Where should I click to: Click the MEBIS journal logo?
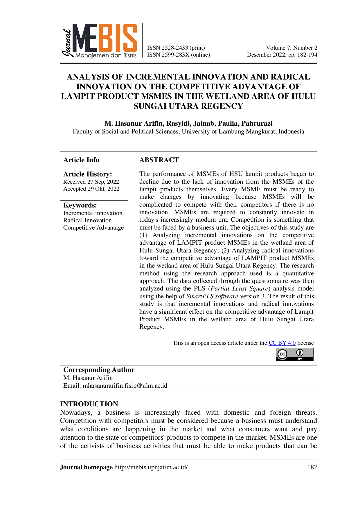[x=99, y=41]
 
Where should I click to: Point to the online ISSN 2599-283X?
[x=176, y=55]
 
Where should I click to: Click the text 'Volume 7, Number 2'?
[x=291, y=48]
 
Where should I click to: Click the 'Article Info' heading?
[x=81, y=160]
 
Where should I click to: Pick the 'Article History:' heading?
[x=88, y=174]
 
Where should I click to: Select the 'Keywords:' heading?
[x=80, y=205]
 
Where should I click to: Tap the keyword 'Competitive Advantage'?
[x=93, y=228]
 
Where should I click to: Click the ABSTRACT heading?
[x=159, y=160]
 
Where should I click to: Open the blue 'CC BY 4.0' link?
[x=282, y=343]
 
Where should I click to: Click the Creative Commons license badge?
[x=295, y=354]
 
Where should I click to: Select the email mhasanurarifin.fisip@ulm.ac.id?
[x=125, y=386]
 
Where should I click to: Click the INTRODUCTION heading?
[x=89, y=404]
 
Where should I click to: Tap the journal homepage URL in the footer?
[x=151, y=467]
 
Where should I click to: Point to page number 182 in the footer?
[x=312, y=467]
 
